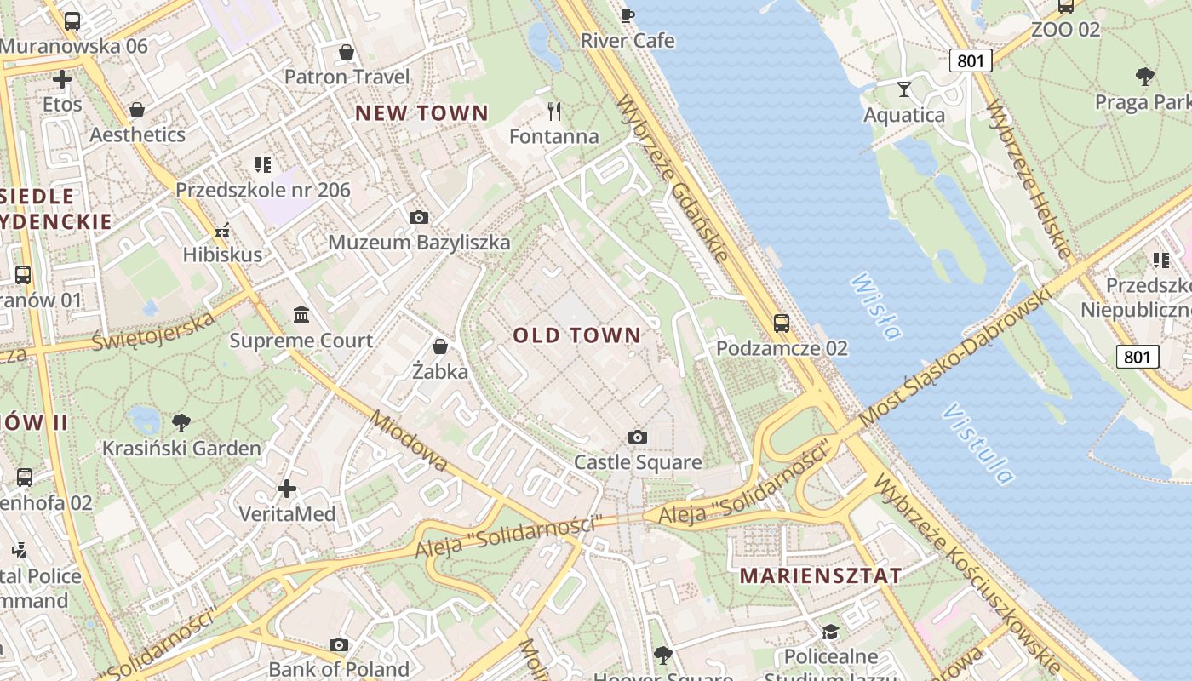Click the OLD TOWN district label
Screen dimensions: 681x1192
pyautogui.click(x=576, y=335)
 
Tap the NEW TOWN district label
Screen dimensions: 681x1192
pyautogui.click(x=421, y=112)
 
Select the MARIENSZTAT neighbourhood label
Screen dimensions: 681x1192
pyautogui.click(x=820, y=575)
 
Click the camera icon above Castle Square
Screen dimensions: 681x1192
pyautogui.click(x=637, y=438)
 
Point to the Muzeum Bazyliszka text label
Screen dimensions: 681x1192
pyautogui.click(x=419, y=243)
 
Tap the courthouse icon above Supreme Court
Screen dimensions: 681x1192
pyautogui.click(x=301, y=316)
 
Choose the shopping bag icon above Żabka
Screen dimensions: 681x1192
pyautogui.click(x=440, y=346)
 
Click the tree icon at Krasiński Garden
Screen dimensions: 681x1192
pyautogui.click(x=181, y=422)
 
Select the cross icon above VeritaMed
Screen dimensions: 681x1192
pyautogui.click(x=287, y=489)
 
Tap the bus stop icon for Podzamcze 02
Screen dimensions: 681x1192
pyautogui.click(x=781, y=323)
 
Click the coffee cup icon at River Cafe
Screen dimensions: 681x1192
pyautogui.click(x=628, y=14)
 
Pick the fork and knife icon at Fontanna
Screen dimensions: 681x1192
pyautogui.click(x=554, y=111)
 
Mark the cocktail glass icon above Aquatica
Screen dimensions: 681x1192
pyautogui.click(x=903, y=89)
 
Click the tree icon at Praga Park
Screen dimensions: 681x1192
pyautogui.click(x=1145, y=77)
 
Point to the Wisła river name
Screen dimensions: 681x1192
pyautogui.click(x=876, y=306)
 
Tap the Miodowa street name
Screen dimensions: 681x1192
pyautogui.click(x=409, y=440)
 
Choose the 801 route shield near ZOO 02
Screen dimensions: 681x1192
pyautogui.click(x=971, y=60)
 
